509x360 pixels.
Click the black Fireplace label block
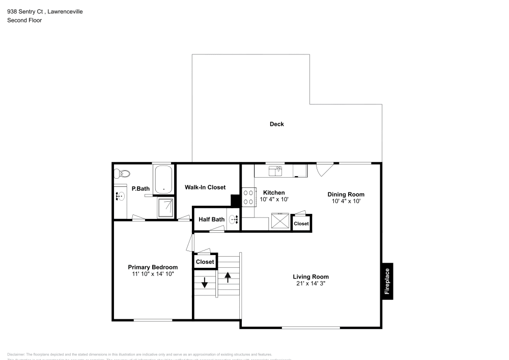(x=387, y=281)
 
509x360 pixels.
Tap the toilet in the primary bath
(x=120, y=174)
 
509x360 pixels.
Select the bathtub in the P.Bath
(x=163, y=179)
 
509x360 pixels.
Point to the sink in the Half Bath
(x=233, y=220)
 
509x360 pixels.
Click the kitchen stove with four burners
(x=248, y=197)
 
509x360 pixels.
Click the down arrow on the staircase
(x=205, y=283)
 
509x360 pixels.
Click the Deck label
(x=276, y=124)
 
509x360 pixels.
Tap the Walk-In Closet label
(x=205, y=187)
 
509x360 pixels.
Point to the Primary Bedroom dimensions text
(x=153, y=274)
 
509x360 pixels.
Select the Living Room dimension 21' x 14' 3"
(x=310, y=284)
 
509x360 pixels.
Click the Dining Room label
(x=346, y=194)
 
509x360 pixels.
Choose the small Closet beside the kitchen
(x=301, y=224)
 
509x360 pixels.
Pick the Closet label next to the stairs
(x=205, y=262)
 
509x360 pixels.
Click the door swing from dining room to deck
(x=324, y=169)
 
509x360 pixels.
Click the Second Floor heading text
(x=24, y=20)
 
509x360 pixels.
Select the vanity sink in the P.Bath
(x=121, y=196)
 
